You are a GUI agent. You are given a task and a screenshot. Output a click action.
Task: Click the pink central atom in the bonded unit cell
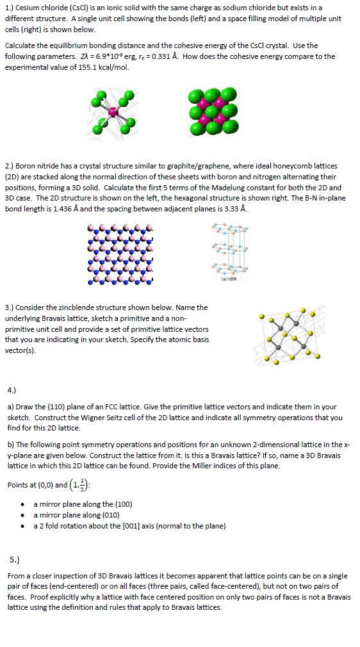(x=114, y=112)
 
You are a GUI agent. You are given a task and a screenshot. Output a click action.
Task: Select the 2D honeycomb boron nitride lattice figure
(x=121, y=254)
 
